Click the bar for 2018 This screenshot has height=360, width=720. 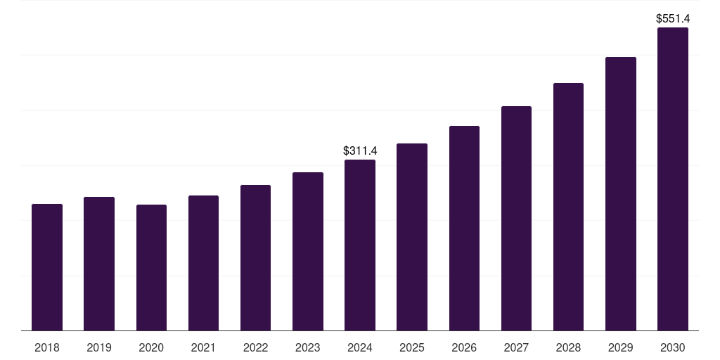pos(47,267)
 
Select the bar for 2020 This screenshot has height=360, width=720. pos(151,267)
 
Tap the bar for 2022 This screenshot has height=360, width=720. pos(255,257)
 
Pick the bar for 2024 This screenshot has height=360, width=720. pos(360,245)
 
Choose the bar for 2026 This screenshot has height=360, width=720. pos(464,228)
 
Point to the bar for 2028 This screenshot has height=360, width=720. pos(568,207)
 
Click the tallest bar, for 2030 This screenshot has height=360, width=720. pos(672,179)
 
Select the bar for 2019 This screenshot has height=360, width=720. pos(99,264)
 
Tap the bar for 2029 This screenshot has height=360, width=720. pos(620,193)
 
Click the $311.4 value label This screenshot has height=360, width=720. pos(360,150)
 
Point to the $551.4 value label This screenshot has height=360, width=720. pos(673,18)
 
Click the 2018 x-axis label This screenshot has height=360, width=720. pos(47,347)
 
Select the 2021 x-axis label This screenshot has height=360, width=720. pos(203,347)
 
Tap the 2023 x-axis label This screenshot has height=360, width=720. pos(308,347)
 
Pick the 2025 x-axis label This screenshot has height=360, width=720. pos(412,347)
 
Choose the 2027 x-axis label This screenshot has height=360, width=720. pos(516,347)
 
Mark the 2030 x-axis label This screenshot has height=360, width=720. pos(672,347)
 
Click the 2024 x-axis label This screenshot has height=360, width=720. pos(360,347)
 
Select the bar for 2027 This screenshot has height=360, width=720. pos(516,218)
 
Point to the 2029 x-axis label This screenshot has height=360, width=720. pos(620,347)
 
